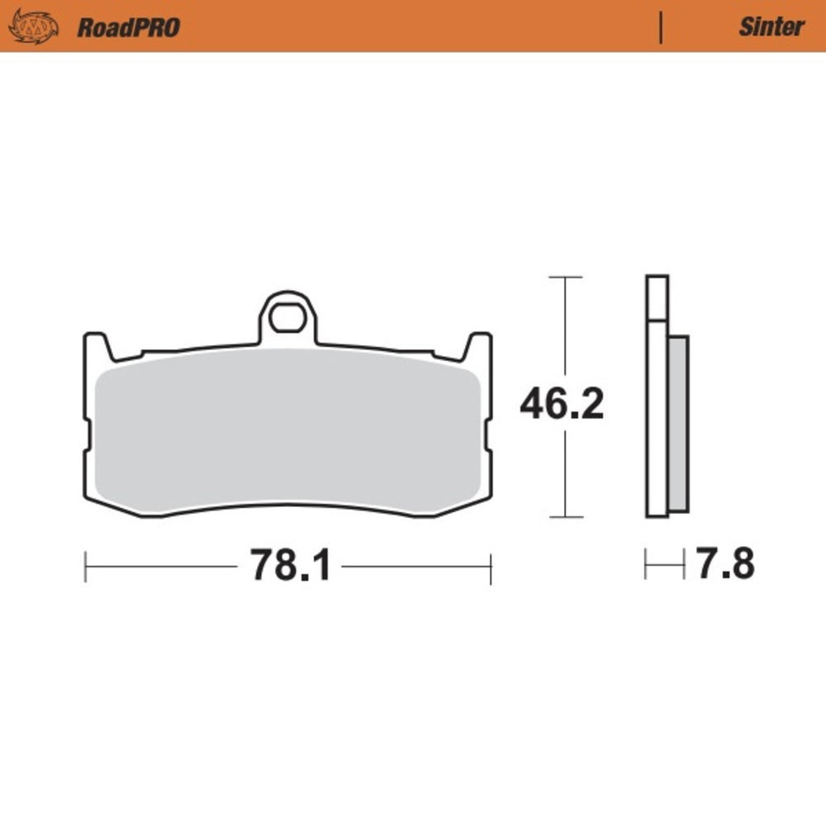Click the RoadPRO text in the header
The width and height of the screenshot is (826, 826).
[128, 27]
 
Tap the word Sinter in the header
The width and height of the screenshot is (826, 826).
[771, 27]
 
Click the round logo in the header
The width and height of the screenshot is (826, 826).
[33, 27]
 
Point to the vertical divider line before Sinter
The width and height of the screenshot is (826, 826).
[661, 27]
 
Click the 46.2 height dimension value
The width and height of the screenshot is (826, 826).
[562, 404]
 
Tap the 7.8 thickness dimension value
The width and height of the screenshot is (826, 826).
[725, 566]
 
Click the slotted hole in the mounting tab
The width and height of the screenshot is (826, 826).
[287, 318]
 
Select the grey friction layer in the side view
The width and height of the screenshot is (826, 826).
[677, 421]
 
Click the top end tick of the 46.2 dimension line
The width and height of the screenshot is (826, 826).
[565, 278]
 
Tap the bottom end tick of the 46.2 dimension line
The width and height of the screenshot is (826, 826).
[565, 518]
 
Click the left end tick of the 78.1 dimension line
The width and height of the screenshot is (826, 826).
[86, 567]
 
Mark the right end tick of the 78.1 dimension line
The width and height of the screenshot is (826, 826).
[491, 567]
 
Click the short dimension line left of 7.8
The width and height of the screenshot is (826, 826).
[665, 567]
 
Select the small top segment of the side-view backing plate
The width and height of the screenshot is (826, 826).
[657, 297]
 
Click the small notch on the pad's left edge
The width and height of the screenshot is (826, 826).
[87, 433]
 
